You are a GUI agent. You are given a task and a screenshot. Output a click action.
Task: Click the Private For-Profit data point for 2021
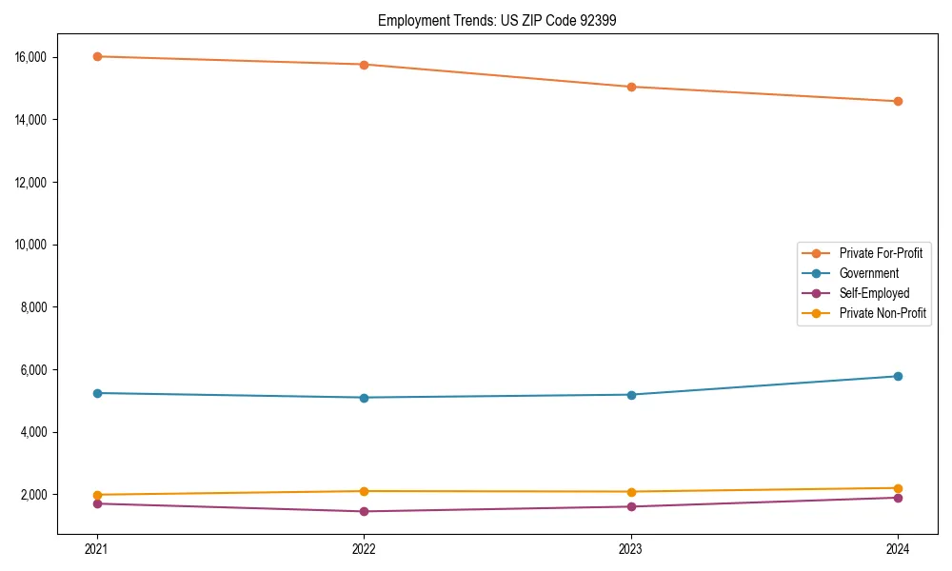click(97, 56)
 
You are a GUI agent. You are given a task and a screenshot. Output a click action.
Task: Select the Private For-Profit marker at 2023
click(631, 87)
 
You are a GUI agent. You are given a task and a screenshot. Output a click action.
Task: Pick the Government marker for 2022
click(364, 398)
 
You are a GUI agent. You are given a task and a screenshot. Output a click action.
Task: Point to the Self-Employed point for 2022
click(364, 511)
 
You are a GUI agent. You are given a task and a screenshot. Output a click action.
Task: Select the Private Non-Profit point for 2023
click(631, 492)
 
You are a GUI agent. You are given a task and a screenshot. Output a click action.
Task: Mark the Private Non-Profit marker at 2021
click(97, 495)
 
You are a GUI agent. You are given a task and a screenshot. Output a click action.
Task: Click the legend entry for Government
click(868, 273)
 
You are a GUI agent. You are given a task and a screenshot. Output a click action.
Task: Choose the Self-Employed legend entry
click(874, 293)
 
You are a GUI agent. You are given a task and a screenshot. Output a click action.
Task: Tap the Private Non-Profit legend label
click(883, 313)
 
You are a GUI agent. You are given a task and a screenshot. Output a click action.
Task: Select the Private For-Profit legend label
click(881, 253)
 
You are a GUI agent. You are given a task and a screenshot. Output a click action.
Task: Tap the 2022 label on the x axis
click(364, 549)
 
